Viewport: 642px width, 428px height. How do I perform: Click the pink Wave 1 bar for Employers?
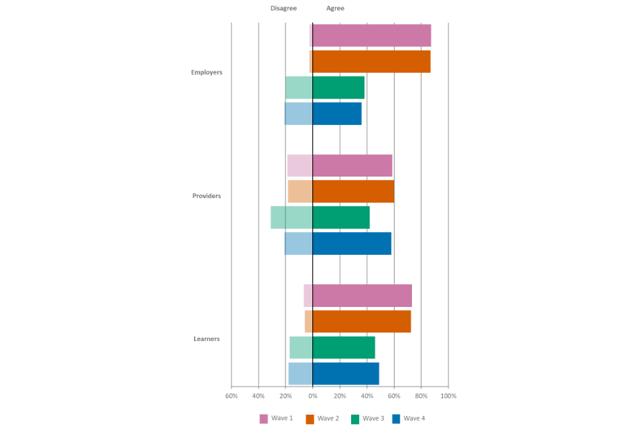pyautogui.click(x=370, y=35)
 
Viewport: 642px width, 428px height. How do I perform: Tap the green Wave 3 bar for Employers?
pyautogui.click(x=325, y=88)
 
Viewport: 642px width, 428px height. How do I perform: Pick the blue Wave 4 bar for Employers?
pyautogui.click(x=323, y=114)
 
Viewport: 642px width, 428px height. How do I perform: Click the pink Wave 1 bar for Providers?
pyautogui.click(x=340, y=166)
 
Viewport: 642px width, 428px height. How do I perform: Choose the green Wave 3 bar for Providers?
pyautogui.click(x=320, y=218)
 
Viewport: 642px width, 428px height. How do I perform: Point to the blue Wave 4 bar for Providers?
pyautogui.click(x=338, y=243)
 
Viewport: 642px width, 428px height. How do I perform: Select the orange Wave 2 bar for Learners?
pyautogui.click(x=358, y=322)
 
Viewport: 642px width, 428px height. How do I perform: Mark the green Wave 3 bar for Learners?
pyautogui.click(x=332, y=348)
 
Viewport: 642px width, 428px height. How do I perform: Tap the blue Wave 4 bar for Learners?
pyautogui.click(x=334, y=374)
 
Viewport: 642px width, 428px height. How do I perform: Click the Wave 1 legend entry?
pyautogui.click(x=276, y=419)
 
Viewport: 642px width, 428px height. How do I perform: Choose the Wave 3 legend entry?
pyautogui.click(x=367, y=419)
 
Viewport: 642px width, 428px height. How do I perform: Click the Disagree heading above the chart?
pyautogui.click(x=283, y=8)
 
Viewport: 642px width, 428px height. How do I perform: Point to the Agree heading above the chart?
pyautogui.click(x=335, y=8)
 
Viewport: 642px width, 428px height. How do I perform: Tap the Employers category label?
pyautogui.click(x=206, y=72)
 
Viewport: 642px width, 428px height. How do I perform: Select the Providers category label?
pyautogui.click(x=206, y=196)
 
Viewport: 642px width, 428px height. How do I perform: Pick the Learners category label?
pyautogui.click(x=207, y=339)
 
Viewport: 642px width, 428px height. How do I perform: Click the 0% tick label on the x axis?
pyautogui.click(x=312, y=396)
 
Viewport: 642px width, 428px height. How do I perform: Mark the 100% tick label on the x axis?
pyautogui.click(x=448, y=396)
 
